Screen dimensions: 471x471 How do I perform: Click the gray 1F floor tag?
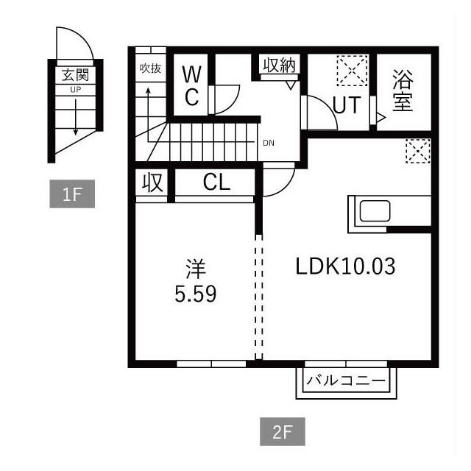[72, 194]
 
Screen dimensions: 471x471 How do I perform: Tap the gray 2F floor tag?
[283, 431]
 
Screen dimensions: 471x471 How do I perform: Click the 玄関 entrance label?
[75, 75]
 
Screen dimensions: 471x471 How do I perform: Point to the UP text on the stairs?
[75, 90]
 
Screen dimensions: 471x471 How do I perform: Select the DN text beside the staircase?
[269, 143]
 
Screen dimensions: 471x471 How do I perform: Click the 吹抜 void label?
[150, 68]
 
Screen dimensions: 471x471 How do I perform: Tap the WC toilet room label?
[191, 86]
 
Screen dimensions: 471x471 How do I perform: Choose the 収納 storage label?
[280, 65]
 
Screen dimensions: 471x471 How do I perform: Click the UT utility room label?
[347, 105]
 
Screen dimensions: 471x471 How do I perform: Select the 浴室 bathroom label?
[403, 91]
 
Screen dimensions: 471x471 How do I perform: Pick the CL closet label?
[216, 182]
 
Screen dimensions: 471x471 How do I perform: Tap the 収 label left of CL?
[153, 182]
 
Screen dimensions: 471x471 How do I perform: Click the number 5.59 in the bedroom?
[196, 294]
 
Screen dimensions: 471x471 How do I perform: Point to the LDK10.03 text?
[345, 266]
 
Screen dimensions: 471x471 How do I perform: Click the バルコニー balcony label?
[346, 381]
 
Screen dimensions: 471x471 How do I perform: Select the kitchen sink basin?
[375, 211]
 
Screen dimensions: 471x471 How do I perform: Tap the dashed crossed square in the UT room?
[353, 71]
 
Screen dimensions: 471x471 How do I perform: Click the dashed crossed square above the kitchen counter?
[418, 151]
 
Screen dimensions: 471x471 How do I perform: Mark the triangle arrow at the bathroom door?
[381, 117]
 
